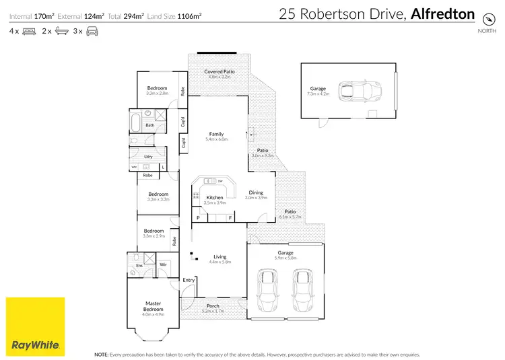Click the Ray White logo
click(x=36, y=326)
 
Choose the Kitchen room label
click(x=215, y=198)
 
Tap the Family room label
click(x=216, y=134)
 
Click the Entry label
click(x=189, y=280)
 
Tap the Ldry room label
click(x=148, y=157)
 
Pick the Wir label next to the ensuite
click(x=163, y=265)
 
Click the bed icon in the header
click(x=29, y=31)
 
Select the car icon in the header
click(x=92, y=31)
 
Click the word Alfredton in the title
click(x=443, y=13)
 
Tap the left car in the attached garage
click(x=268, y=288)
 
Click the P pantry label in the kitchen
click(x=199, y=217)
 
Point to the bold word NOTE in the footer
click(x=101, y=354)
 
